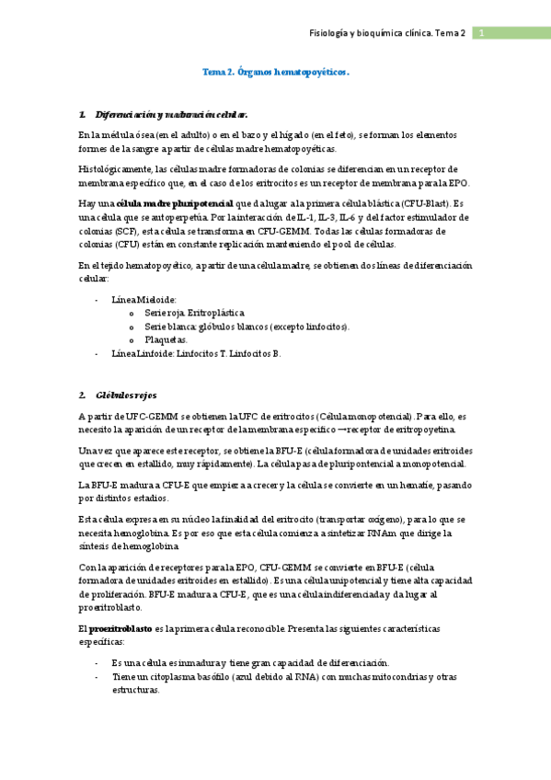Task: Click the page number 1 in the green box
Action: click(x=481, y=33)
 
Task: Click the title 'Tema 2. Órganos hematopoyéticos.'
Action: click(x=275, y=71)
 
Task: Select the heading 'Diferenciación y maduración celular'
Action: click(x=171, y=115)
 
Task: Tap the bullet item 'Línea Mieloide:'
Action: click(x=143, y=300)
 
